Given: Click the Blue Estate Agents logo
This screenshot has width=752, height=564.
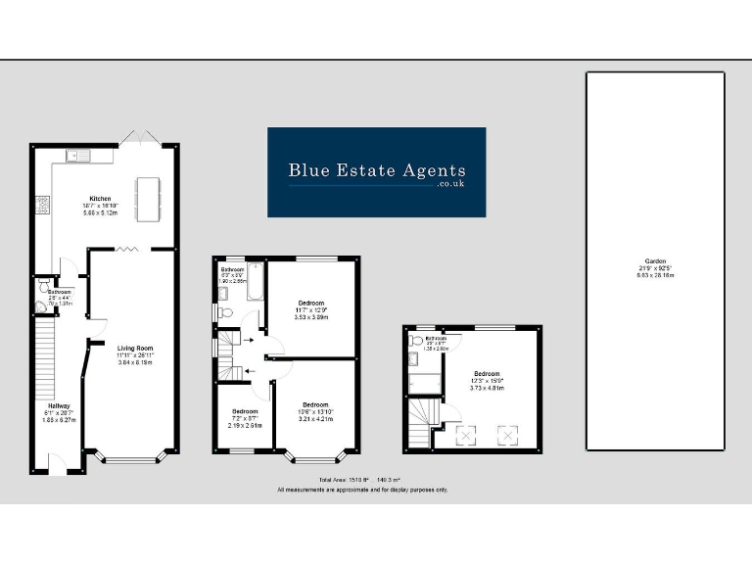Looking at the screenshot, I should pos(377,171).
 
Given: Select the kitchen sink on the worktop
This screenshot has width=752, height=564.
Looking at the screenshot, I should pos(77,155).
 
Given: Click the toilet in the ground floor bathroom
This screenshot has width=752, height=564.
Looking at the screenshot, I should pos(45,290).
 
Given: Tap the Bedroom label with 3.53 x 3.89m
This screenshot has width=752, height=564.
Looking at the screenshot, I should pos(310,309).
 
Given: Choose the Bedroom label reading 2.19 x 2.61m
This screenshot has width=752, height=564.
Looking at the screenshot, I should pos(245,417).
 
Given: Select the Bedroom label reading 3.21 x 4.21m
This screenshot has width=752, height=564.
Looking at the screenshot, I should pos(314,411).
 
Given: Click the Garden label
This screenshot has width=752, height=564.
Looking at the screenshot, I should pos(655,270).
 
